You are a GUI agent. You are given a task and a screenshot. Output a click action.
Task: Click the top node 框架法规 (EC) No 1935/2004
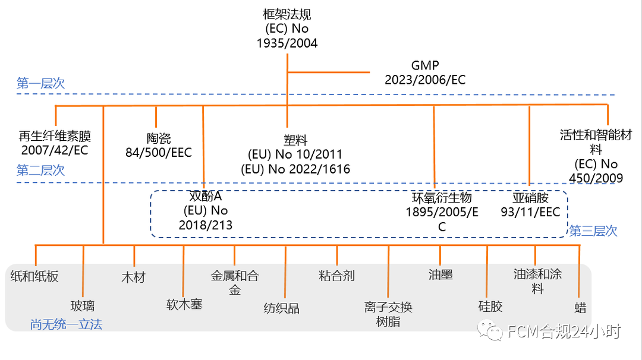(287, 29)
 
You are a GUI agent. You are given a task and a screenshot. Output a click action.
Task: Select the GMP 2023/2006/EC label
(425, 72)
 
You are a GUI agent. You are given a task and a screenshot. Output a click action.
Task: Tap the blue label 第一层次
(40, 84)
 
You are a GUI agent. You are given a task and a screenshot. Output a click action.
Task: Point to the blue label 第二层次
(40, 170)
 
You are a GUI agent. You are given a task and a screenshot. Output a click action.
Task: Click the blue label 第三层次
(593, 231)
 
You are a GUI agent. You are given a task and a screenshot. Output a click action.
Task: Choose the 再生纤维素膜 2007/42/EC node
(55, 144)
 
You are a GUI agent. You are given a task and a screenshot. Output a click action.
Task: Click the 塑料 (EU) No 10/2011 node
(295, 154)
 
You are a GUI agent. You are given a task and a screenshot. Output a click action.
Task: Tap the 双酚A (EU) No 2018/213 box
(205, 210)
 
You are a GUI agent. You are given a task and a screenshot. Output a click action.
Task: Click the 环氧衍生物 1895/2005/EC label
(442, 211)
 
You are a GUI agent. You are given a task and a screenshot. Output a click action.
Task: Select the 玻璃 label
(83, 307)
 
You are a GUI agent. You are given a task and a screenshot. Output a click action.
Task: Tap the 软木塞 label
(184, 304)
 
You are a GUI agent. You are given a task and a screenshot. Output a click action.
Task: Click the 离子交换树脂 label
(388, 314)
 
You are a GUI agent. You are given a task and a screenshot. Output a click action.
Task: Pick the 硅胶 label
(490, 307)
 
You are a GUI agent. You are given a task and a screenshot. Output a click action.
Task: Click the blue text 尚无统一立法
(67, 324)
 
